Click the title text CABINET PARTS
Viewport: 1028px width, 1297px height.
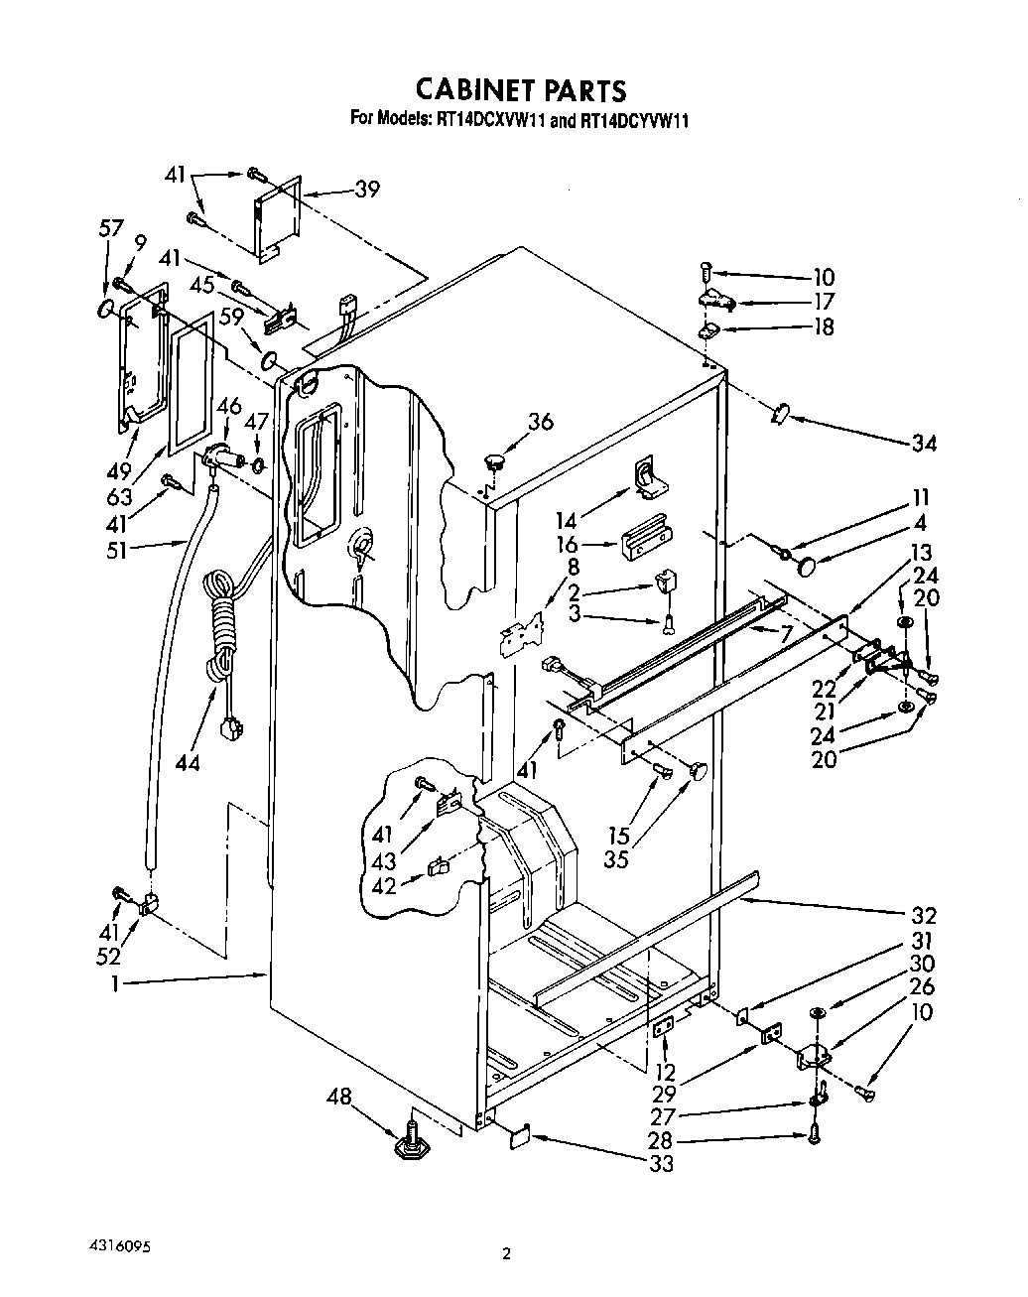pos(520,90)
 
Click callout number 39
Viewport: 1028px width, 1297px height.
pos(367,190)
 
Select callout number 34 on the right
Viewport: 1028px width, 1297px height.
pos(924,443)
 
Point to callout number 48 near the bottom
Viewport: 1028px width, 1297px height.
pos(339,1098)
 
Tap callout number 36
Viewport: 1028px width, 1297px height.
pos(541,422)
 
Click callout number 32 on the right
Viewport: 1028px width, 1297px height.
pos(924,915)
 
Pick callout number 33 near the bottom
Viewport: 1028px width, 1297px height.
pos(660,1163)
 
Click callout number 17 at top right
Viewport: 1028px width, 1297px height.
pos(824,302)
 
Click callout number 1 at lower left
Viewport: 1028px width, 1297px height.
pos(115,983)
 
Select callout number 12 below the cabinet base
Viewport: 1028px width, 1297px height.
pos(666,1072)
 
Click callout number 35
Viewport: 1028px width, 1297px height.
pos(617,858)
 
